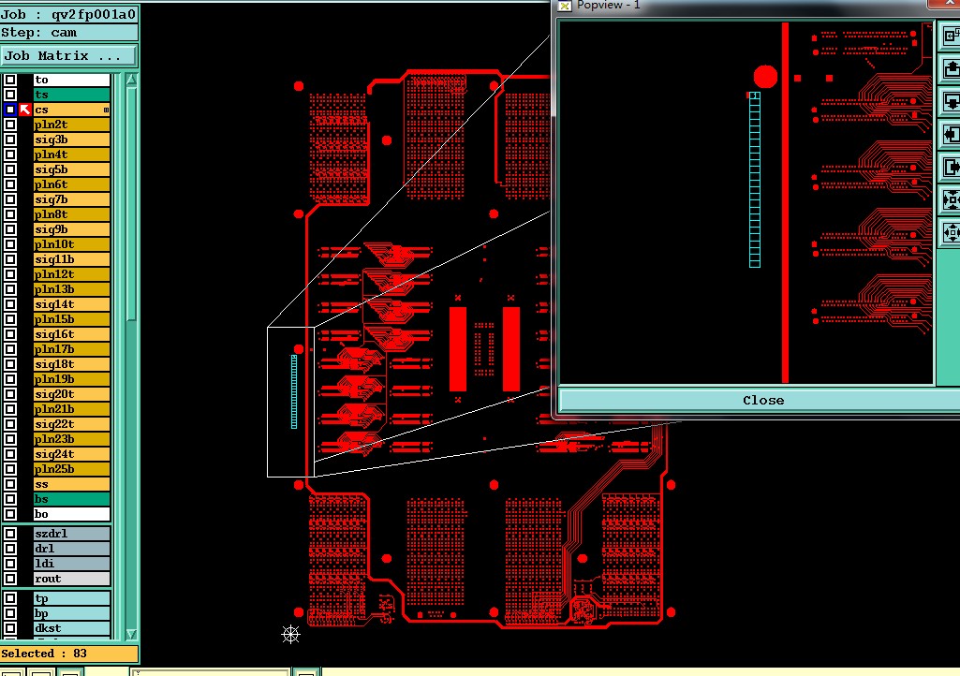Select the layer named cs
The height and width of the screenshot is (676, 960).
[x=71, y=110]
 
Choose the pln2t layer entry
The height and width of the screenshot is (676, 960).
[x=71, y=125]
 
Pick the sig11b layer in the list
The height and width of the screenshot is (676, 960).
[x=71, y=259]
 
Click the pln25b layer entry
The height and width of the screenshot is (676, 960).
[x=71, y=469]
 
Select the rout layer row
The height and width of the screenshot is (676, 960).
[x=71, y=579]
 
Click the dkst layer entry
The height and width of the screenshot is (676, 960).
[x=71, y=628]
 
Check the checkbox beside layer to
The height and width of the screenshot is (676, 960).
[x=10, y=80]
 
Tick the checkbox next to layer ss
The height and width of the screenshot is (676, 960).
[x=10, y=484]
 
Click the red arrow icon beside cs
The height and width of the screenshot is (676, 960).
[x=25, y=110]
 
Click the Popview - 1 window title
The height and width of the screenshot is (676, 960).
[x=608, y=5]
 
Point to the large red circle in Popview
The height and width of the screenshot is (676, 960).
[x=765, y=77]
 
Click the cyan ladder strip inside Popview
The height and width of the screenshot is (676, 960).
[x=755, y=180]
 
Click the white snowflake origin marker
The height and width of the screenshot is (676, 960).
[x=291, y=635]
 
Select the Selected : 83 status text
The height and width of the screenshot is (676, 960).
[x=44, y=654]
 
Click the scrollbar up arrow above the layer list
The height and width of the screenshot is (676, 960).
[x=131, y=79]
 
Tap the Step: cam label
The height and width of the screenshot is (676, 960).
[x=39, y=33]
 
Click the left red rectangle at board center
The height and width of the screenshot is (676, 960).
[x=458, y=349]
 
